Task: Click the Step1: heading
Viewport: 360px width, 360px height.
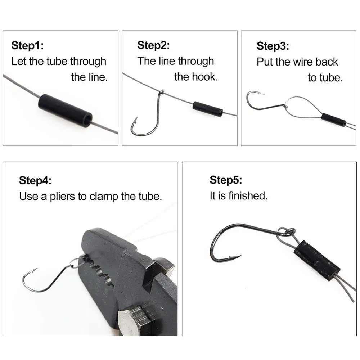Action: pos(27,46)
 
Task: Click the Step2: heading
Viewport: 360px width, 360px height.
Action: pos(153,45)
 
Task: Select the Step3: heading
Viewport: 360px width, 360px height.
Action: pos(273,46)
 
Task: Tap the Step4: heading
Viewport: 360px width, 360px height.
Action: pos(35,180)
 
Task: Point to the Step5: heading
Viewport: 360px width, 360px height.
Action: pos(226,180)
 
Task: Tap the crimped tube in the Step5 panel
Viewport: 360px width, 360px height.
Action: pos(317,260)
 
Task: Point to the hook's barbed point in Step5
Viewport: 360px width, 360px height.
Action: pos(236,257)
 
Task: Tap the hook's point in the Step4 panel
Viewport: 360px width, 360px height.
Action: pos(35,270)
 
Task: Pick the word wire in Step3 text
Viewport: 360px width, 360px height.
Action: pos(300,62)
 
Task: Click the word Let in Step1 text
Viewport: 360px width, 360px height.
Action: pos(19,61)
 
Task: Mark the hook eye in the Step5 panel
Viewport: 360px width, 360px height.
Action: pos(287,231)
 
